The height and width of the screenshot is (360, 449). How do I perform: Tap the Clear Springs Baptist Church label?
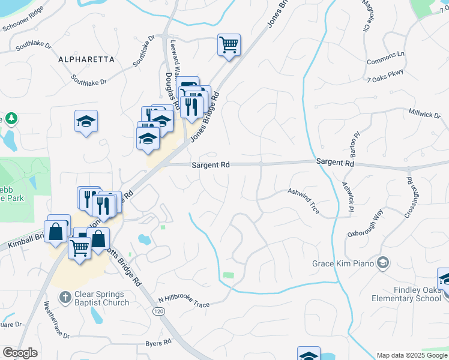coord(102,298)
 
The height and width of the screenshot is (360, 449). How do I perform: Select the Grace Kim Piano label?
coord(343,263)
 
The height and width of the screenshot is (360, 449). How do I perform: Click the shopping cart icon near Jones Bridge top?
coord(229,45)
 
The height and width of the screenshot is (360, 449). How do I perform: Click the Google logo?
coord(20,353)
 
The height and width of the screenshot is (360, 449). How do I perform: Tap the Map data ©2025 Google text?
coord(411,355)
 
